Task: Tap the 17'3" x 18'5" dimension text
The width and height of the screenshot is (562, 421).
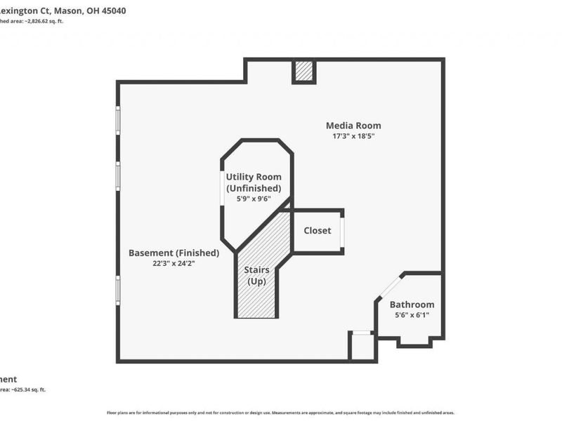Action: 353,136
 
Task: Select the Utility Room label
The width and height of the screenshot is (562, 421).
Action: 253,177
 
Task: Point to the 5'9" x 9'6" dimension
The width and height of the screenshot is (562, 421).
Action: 254,199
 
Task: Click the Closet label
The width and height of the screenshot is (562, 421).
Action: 317,230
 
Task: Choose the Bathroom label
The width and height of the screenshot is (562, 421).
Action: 412,305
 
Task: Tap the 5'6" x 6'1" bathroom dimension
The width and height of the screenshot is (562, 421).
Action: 412,315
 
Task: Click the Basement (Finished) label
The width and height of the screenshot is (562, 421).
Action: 174,253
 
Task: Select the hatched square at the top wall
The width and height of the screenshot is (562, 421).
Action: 304,71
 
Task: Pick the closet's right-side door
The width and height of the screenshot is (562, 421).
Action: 342,232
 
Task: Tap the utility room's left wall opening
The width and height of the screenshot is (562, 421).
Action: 223,187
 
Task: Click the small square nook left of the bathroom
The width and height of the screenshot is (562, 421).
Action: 362,346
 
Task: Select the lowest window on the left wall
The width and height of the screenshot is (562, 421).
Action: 118,289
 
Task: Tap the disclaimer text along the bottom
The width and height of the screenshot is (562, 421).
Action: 280,413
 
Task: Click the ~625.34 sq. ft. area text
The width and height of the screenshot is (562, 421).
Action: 25,389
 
